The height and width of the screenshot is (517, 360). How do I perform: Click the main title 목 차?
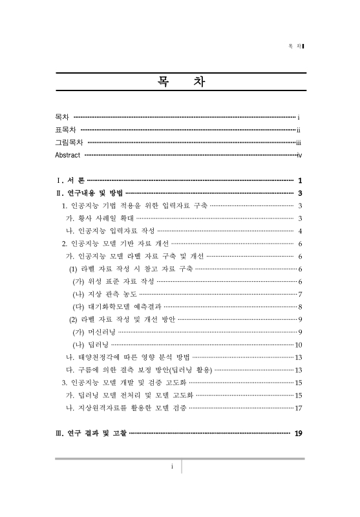click(x=180, y=83)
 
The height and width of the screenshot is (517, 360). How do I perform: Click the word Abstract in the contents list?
click(x=68, y=156)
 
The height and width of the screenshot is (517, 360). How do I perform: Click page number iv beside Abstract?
click(x=299, y=156)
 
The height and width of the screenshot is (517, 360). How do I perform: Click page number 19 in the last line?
click(x=298, y=433)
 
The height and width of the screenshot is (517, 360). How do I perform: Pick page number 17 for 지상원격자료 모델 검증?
click(x=299, y=408)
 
